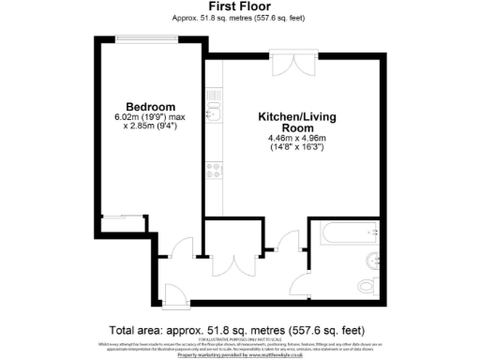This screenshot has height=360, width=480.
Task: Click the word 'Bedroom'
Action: [151, 106]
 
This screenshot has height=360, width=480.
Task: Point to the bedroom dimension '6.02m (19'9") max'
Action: [151, 116]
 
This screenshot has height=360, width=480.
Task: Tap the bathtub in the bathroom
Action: [343, 232]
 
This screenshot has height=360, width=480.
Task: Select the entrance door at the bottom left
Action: [175, 292]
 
